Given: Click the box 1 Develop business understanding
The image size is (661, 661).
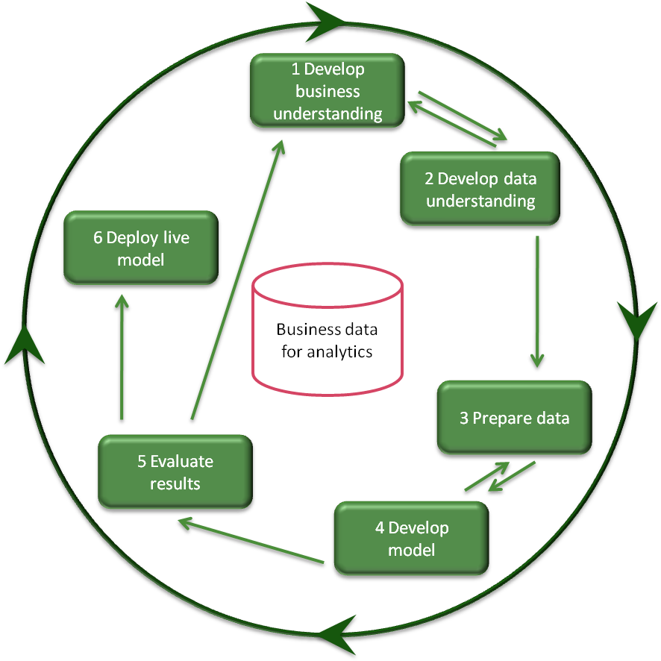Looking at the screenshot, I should pos(327,91).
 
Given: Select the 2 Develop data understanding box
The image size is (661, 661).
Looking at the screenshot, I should pos(480,189).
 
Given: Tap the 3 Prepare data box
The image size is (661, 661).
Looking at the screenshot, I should pos(514,418).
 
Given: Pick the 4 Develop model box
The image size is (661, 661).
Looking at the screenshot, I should pos(411,539).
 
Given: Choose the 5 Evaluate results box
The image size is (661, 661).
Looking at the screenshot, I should pos(175,472).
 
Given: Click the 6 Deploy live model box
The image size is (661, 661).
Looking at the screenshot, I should pos(140,248).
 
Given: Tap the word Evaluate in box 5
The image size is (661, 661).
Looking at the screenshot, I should pos(181,461).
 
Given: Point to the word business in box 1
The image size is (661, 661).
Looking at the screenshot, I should pos(328,92).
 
